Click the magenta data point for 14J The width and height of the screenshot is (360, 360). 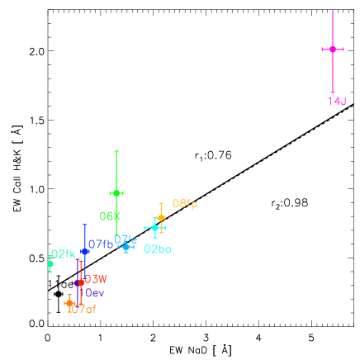pyautogui.click(x=332, y=50)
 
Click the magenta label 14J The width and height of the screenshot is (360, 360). pyautogui.click(x=337, y=102)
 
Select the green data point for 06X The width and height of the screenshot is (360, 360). pyautogui.click(x=116, y=193)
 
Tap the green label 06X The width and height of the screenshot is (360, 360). pyautogui.click(x=110, y=216)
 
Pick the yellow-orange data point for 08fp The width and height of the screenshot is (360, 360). pyautogui.click(x=161, y=218)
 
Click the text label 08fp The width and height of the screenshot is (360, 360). pyautogui.click(x=185, y=204)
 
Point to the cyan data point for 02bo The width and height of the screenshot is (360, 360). pyautogui.click(x=154, y=228)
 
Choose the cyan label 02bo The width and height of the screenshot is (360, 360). pyautogui.click(x=158, y=249)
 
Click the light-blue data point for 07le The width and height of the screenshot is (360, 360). pyautogui.click(x=126, y=247)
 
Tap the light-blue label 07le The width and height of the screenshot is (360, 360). pyautogui.click(x=126, y=239)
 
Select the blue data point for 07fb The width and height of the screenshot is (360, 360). pyautogui.click(x=84, y=252)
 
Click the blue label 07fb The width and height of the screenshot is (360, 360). pyautogui.click(x=101, y=244)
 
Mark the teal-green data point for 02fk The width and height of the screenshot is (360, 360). pyautogui.click(x=50, y=264)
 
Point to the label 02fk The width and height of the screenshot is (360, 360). pyautogui.click(x=64, y=254)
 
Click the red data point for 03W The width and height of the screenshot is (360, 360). pyautogui.click(x=81, y=282)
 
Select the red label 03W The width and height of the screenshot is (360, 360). pyautogui.click(x=96, y=279)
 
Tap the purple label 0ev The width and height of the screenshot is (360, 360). pyautogui.click(x=95, y=293)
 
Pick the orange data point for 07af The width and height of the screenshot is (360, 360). pyautogui.click(x=69, y=303)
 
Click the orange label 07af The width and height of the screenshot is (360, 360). pyautogui.click(x=83, y=310)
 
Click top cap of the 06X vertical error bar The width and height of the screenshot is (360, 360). pyautogui.click(x=116, y=151)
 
